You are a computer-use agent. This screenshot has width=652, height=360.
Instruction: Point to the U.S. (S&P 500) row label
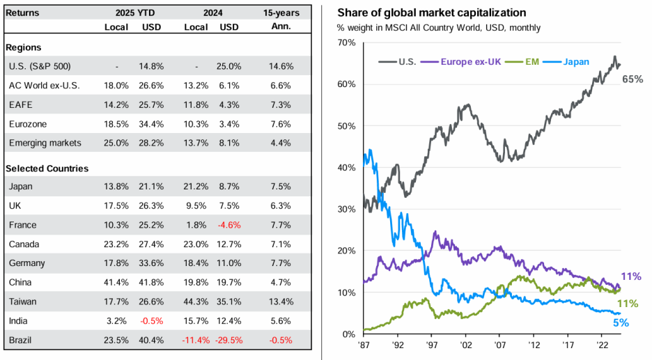pos(38,66)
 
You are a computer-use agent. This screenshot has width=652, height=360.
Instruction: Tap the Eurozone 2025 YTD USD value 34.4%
pos(153,124)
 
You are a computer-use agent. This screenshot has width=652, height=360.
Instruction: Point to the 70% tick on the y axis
pos(346,42)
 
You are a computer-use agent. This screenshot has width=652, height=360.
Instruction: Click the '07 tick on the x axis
pos(499,344)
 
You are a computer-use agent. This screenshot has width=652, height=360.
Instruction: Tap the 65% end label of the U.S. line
pos(632,79)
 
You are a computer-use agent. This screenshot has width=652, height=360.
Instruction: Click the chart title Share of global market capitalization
pos(432,13)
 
